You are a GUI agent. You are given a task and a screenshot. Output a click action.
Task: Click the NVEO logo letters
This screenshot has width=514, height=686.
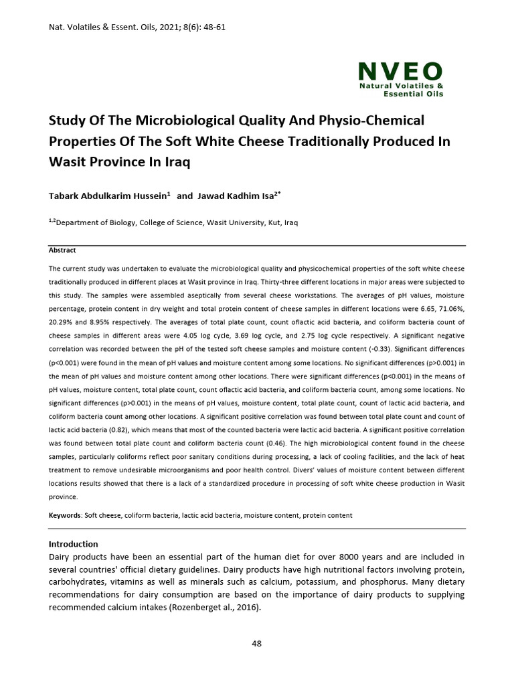(x=400, y=72)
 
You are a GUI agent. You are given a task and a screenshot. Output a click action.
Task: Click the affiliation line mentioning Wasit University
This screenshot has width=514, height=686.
(x=173, y=223)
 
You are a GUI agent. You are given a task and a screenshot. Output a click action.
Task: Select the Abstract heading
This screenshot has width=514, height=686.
(x=62, y=250)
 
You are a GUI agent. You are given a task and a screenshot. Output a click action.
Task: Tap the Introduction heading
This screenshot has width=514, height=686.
(x=74, y=544)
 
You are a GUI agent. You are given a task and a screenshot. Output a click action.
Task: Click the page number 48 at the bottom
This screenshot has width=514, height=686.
(x=256, y=644)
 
